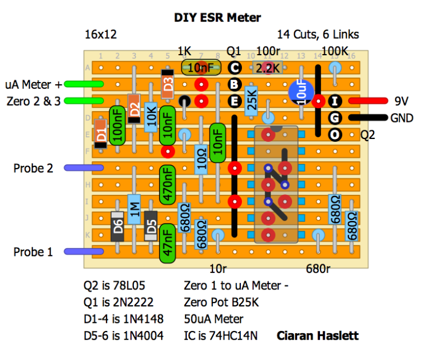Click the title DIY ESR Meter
pos(217,18)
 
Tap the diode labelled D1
pos(101,134)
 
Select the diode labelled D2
pos(134,108)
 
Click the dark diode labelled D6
pos(117,226)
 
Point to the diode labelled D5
pos(151,226)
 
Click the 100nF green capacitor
pos(117,125)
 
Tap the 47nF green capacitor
pos(167,243)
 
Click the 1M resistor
pos(134,209)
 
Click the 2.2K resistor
pos(268,68)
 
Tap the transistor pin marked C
pos(234,68)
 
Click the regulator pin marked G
pos(335,118)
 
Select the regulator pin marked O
pos(335,135)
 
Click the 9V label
pos(402,102)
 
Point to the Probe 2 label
pos(33,169)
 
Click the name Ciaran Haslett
pos(318,336)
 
